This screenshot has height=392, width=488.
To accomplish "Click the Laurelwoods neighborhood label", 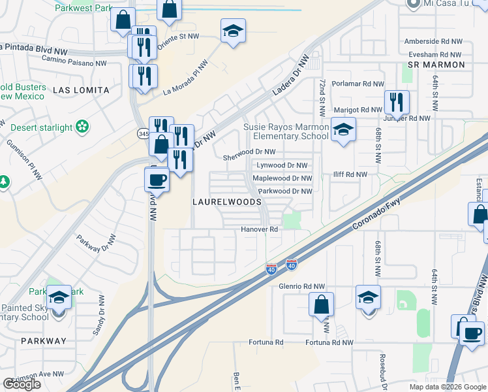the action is pyautogui.click(x=226, y=203).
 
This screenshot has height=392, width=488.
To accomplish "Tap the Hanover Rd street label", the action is pyautogui.click(x=260, y=229).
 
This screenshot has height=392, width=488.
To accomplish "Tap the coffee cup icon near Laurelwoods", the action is pyautogui.click(x=157, y=178).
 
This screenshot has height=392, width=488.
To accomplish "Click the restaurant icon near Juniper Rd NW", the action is pyautogui.click(x=397, y=101).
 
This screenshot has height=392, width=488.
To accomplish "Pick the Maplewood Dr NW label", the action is pyautogui.click(x=282, y=178).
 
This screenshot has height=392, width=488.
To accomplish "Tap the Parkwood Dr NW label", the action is pyautogui.click(x=285, y=191).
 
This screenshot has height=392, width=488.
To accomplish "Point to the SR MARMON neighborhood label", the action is pyautogui.click(x=436, y=65).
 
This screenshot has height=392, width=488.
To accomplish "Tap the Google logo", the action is pyautogui.click(x=22, y=384).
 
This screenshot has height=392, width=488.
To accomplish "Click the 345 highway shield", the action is pyautogui.click(x=143, y=133).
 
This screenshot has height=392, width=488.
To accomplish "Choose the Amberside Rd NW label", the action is pyautogui.click(x=433, y=41).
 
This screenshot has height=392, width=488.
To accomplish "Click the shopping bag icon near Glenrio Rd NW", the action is pyautogui.click(x=321, y=304).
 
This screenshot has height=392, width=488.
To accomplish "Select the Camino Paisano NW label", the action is pyautogui.click(x=74, y=63).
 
